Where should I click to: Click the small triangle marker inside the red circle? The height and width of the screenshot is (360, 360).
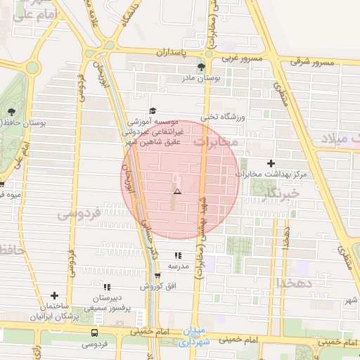pos(177,191)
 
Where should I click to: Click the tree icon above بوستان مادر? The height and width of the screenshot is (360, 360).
pos(202,67)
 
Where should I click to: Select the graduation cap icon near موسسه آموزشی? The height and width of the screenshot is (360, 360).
pos(153,111)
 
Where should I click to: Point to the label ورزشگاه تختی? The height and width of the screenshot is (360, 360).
pos(221,117)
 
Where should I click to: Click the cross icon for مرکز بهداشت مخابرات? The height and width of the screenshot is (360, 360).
pos(271,163)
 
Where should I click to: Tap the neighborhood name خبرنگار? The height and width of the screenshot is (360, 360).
pos(280,192)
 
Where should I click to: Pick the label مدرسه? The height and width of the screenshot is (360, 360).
pos(178,266)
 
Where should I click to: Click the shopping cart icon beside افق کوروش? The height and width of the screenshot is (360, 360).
pos(157,276)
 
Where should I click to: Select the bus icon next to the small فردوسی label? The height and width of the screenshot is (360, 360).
pos(95,333)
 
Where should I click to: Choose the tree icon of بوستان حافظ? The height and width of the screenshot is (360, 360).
pos(11,111)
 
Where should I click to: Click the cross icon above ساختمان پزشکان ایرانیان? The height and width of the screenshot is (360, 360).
pos(54,296)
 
